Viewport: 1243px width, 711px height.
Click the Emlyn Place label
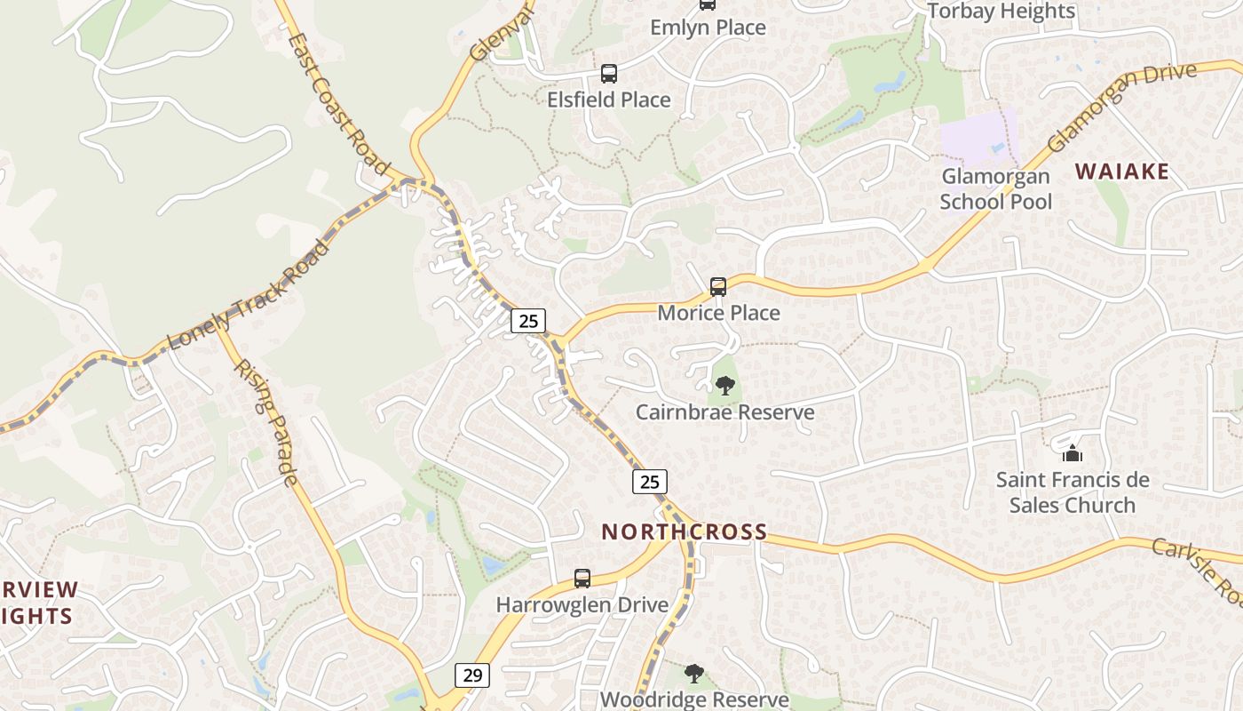pos(708,28)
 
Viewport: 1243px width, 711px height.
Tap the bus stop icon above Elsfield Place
pos(608,74)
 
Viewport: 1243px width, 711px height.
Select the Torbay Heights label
pos(1001,12)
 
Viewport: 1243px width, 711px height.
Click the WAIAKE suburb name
pos(1122,172)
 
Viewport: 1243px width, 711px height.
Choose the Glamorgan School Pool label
pos(995,189)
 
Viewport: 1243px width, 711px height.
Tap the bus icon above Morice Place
pos(718,287)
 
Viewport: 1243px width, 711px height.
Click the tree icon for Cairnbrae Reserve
pos(725,386)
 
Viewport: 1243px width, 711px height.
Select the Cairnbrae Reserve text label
pos(725,412)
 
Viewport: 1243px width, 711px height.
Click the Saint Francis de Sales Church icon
pos(1073,453)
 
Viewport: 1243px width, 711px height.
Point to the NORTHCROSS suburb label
pos(685,532)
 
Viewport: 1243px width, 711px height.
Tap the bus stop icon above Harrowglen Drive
pos(582,579)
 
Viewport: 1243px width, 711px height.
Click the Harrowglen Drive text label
pos(582,605)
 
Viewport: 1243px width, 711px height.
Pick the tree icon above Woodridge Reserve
pos(694,674)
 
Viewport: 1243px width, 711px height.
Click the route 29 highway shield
pos(472,675)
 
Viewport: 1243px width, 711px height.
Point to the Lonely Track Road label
pos(248,294)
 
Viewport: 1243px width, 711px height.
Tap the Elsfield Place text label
pos(608,100)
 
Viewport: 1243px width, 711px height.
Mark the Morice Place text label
pos(718,313)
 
